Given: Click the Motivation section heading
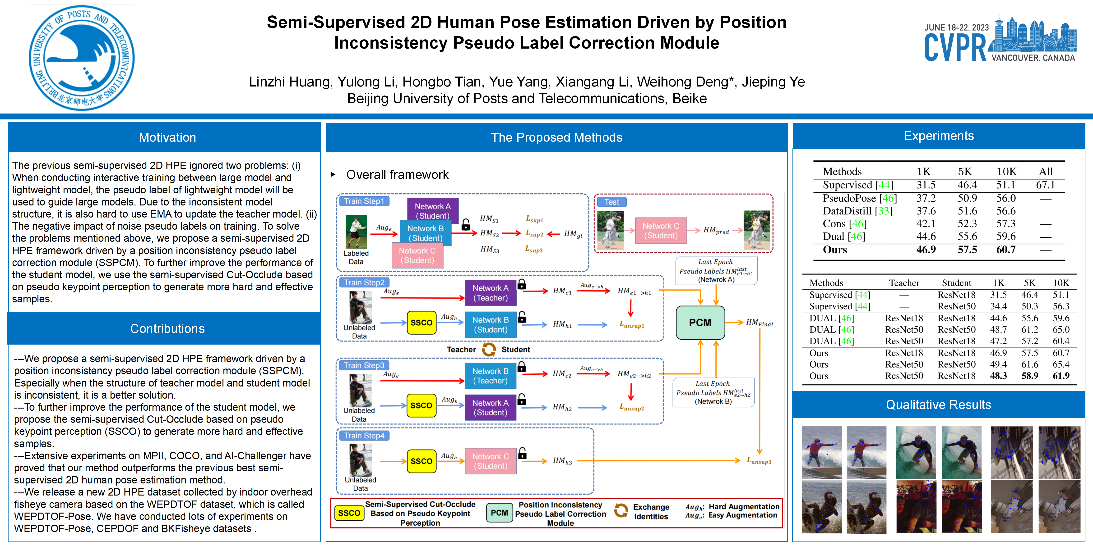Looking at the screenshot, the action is click(167, 137).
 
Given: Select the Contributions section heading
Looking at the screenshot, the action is click(167, 328).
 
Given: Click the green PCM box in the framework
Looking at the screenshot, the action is click(700, 323).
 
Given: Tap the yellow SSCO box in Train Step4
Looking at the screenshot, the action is click(421, 461).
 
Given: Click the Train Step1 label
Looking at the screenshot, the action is click(364, 201).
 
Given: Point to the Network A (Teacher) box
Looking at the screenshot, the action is click(491, 292).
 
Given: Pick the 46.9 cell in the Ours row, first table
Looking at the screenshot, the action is click(926, 250).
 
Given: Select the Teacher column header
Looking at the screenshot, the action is click(904, 283).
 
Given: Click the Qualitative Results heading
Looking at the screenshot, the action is click(939, 405).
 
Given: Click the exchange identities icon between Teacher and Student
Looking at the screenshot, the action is click(489, 349).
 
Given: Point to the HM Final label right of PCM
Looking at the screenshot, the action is click(760, 323).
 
